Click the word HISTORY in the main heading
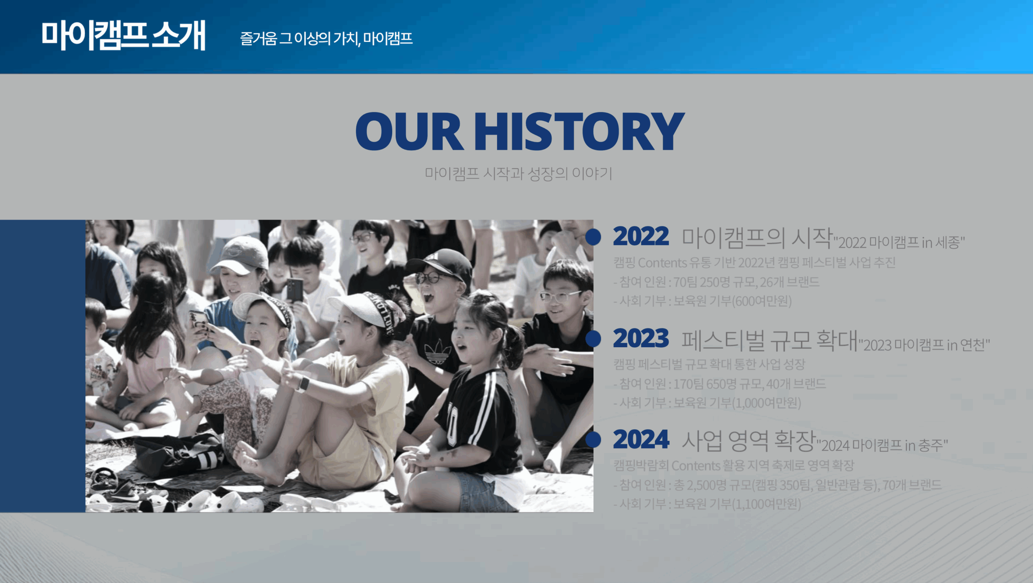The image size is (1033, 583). coord(579,131)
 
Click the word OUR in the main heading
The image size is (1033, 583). coord(409,131)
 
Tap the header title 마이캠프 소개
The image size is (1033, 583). coord(123,36)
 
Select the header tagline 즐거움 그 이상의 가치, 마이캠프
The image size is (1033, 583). coord(326,39)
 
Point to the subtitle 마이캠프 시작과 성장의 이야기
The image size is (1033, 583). coord(519,174)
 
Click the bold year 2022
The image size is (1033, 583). coord(640,236)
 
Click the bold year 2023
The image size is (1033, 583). coord(640,338)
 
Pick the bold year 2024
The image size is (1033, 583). coord(641,439)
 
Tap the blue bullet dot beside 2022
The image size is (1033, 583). coord(593,237)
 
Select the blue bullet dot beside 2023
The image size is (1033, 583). coord(593,339)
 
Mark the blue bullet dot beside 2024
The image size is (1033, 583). coord(593,439)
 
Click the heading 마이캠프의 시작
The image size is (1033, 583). coord(757,238)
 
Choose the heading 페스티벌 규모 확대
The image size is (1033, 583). coord(770,340)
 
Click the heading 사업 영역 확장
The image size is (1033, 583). coord(749,440)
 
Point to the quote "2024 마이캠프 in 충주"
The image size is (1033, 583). coord(882,445)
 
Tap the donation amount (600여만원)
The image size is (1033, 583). coord(762,301)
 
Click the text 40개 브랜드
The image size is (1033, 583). coord(796,384)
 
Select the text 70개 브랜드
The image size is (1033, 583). coord(912,484)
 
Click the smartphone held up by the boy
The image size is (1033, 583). coord(295,289)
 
